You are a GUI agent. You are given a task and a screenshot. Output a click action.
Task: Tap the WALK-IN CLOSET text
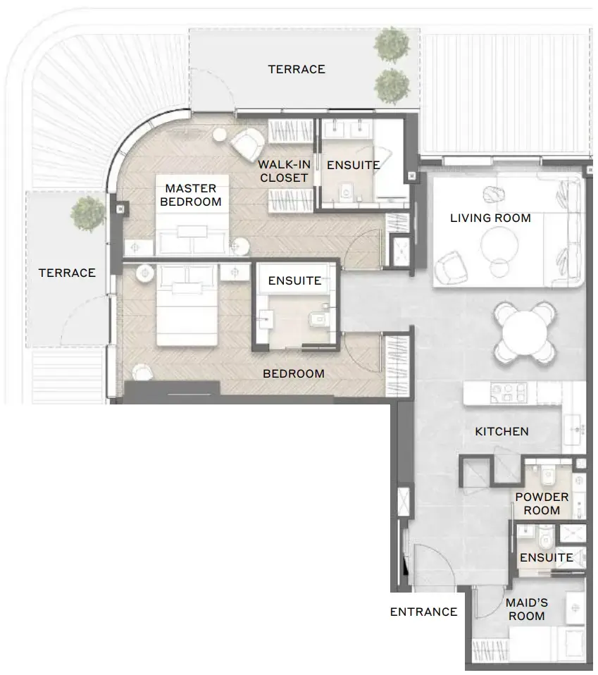[284, 171]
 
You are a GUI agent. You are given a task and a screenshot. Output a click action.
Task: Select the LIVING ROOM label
[490, 218]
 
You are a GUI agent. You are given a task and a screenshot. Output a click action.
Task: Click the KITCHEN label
[502, 431]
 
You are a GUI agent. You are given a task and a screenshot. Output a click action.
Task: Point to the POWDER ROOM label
[542, 504]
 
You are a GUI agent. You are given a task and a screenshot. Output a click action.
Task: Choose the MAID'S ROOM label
[526, 609]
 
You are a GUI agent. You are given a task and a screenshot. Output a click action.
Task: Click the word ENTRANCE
[423, 612]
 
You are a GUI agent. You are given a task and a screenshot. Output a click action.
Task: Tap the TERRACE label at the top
[297, 69]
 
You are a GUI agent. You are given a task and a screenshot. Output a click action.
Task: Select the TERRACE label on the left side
[67, 273]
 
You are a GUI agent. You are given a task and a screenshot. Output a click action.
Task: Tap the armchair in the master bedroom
[247, 144]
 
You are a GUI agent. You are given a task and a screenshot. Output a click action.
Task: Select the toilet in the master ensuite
[346, 191]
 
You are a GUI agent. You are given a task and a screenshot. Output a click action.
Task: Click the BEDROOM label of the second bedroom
[294, 373]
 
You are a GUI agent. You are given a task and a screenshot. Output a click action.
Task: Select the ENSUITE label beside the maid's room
[546, 557]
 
